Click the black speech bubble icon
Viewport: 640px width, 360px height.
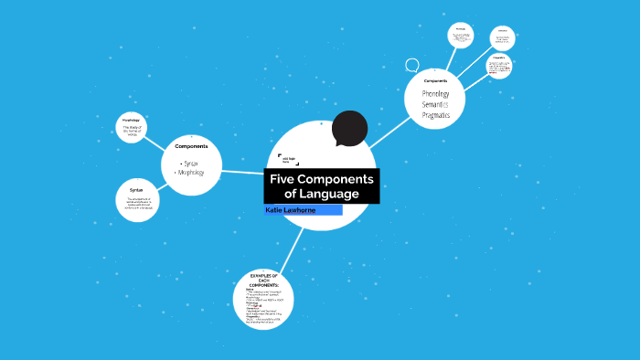point(349,129)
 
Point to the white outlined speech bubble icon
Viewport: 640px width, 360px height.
point(412,66)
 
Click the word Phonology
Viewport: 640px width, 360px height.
point(435,94)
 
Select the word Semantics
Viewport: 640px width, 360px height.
point(435,104)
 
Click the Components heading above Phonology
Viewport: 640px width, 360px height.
point(435,81)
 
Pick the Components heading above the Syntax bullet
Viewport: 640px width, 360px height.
point(191,146)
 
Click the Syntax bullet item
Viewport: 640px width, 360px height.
point(190,163)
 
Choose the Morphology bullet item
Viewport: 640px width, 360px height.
point(191,172)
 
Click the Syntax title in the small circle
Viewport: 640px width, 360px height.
point(136,189)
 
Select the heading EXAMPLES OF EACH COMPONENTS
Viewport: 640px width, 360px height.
point(263,280)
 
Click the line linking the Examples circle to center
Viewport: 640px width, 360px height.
point(288,249)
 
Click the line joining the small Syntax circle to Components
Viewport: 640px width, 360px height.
point(159,185)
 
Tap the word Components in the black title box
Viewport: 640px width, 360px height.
point(338,179)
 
